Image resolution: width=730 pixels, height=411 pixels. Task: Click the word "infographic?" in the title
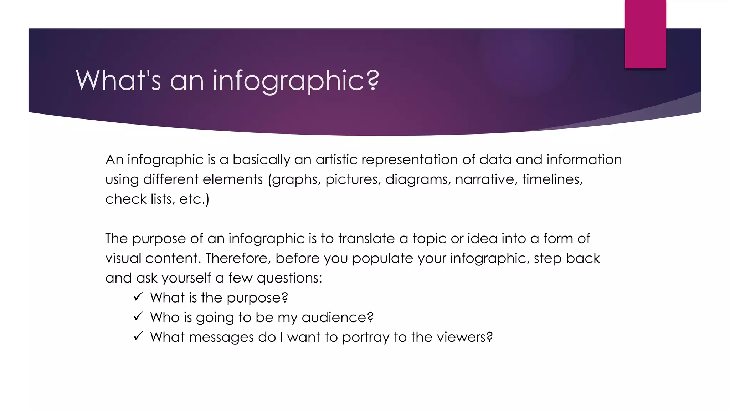(296, 81)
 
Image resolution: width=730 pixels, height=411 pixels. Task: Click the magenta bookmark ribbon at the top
(645, 34)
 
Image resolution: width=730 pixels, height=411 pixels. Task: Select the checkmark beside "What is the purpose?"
(138, 297)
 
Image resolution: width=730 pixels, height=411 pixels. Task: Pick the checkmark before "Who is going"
(138, 316)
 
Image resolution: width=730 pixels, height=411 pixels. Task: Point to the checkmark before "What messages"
(138, 336)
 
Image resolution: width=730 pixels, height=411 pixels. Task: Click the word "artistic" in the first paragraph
(336, 159)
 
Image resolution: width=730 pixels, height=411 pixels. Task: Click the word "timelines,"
(552, 179)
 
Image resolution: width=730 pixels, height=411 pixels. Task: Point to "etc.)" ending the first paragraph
(194, 199)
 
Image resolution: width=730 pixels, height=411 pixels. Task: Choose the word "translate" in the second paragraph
(366, 238)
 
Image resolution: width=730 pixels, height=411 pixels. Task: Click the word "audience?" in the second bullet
(338, 317)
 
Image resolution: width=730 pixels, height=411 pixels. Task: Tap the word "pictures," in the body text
(353, 179)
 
